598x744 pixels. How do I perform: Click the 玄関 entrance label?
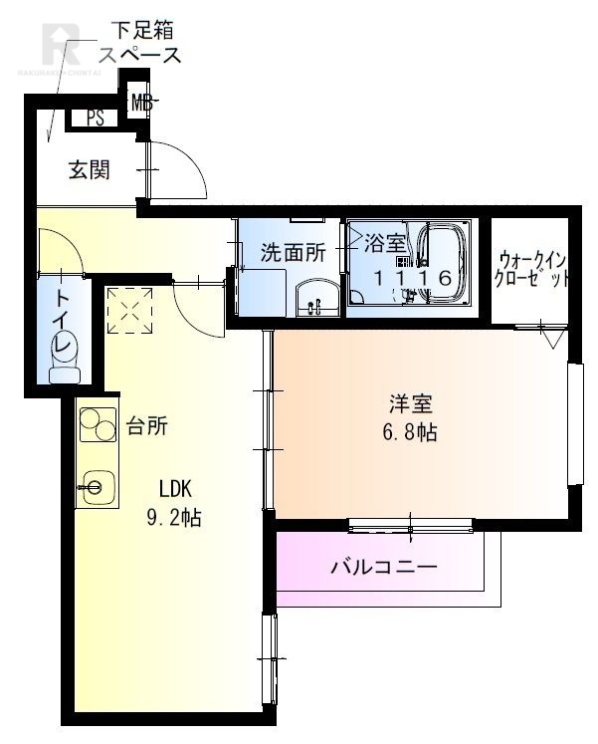[89, 170]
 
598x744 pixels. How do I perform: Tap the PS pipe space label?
[96, 119]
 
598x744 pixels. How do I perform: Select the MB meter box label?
[143, 101]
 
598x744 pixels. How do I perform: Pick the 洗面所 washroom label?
[293, 253]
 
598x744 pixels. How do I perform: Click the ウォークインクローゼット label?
[532, 267]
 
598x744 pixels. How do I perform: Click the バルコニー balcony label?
[383, 568]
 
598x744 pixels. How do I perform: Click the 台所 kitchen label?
[146, 427]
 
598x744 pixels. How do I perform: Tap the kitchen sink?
[97, 487]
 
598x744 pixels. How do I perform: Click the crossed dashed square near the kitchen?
[130, 309]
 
